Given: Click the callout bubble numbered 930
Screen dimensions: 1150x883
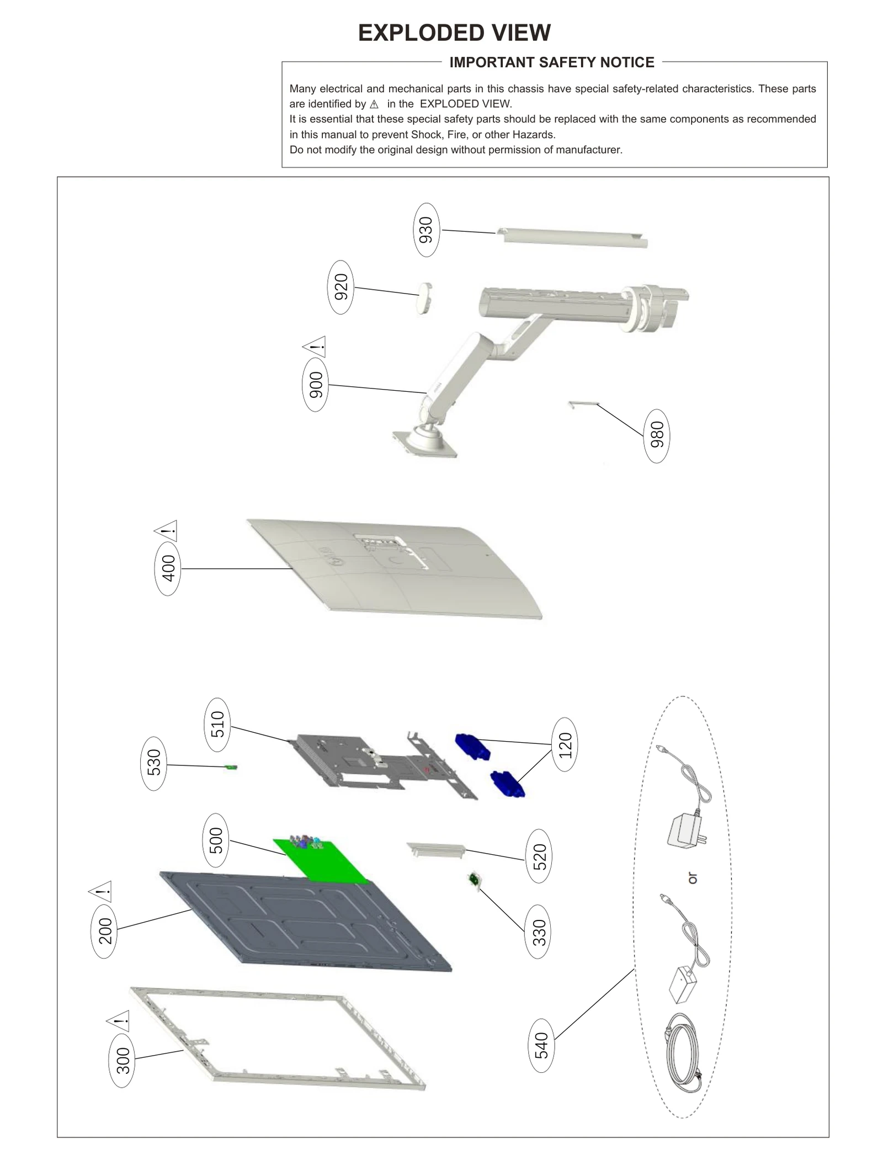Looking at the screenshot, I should click(x=426, y=230).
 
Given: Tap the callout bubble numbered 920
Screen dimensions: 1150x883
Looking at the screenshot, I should click(x=341, y=287).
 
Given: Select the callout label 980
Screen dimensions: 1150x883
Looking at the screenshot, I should click(x=656, y=436).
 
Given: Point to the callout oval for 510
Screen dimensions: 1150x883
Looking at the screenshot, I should click(x=217, y=725).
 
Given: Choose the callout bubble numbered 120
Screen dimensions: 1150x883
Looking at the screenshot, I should click(x=565, y=744).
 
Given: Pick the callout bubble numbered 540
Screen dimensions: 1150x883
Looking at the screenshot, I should click(x=541, y=1045).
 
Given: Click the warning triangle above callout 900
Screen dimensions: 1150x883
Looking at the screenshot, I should click(x=315, y=348).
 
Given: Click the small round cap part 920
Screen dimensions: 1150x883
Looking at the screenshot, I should click(x=424, y=298).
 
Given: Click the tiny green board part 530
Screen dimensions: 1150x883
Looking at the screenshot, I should click(x=232, y=768).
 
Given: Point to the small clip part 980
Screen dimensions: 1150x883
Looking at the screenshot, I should click(x=583, y=404).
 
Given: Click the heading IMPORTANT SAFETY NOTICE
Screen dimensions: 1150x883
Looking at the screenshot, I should click(x=551, y=62).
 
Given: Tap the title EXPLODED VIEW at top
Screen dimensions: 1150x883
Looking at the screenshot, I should click(x=454, y=33).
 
